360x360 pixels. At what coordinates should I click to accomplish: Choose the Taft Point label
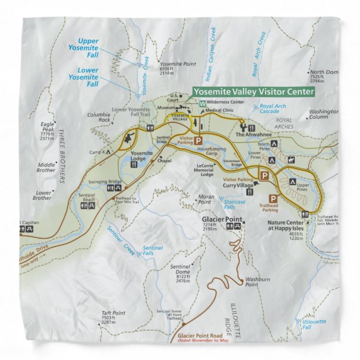[113, 313]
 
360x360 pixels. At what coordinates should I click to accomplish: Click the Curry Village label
[238, 186]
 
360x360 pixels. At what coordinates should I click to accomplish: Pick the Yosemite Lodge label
[142, 154]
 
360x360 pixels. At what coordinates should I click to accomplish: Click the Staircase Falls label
[234, 204]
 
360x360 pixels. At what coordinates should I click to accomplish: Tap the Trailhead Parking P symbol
[273, 198]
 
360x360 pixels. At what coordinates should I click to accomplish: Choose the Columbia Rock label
[98, 117]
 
